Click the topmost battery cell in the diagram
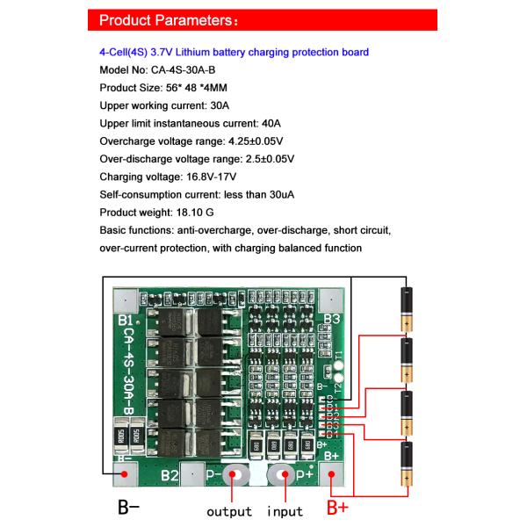click(x=407, y=308)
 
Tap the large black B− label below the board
click(x=129, y=508)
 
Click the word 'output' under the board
click(x=229, y=511)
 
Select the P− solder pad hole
click(x=235, y=477)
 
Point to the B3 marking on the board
click(x=331, y=319)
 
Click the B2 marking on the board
click(x=170, y=477)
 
